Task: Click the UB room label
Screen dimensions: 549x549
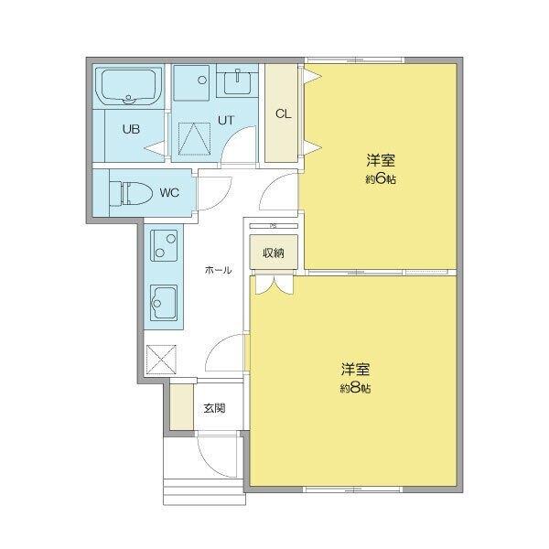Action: coord(131,128)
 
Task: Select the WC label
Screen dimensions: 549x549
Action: coord(169,192)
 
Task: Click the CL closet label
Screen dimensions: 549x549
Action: coord(283,114)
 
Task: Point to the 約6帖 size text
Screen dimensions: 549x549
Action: coord(380,180)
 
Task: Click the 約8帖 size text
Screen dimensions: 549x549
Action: coord(355,389)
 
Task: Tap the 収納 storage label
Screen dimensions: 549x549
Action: coord(274,253)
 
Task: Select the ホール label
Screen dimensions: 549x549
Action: coord(218,271)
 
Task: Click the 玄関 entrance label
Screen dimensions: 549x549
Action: coord(214,408)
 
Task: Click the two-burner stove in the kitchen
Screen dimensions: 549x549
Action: coord(165,245)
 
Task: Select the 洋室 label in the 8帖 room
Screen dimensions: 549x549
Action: coord(355,370)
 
